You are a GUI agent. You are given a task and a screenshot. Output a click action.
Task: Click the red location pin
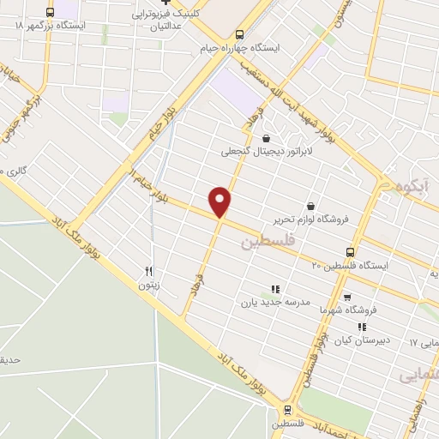[220, 202]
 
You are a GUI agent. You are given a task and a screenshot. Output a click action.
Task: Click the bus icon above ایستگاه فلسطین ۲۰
[350, 251]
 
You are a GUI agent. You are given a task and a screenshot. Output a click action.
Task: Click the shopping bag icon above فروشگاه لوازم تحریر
[310, 206]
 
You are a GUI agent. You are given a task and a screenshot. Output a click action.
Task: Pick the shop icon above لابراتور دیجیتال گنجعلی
[266, 138]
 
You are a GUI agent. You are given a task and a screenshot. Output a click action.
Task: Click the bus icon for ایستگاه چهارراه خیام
[239, 35]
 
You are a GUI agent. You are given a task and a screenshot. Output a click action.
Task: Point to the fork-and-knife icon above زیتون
[148, 271]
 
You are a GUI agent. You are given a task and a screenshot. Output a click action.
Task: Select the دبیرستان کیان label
[362, 340]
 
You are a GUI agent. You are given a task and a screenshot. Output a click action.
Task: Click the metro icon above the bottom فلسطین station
[288, 410]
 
